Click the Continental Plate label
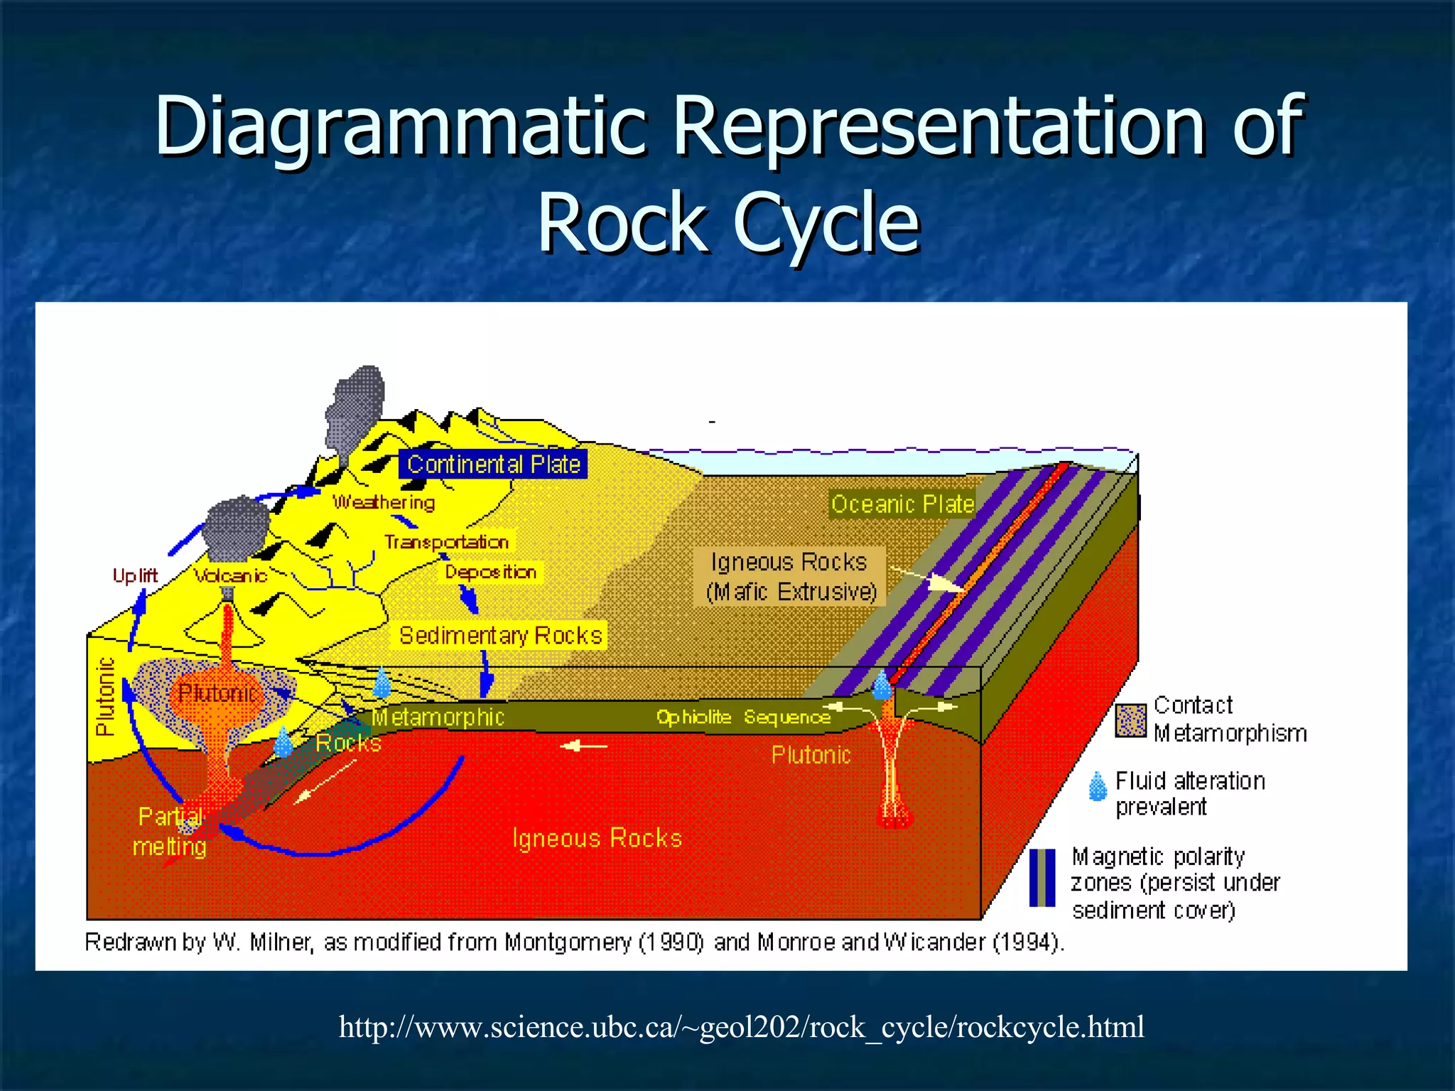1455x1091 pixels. click(493, 465)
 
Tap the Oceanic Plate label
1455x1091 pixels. click(902, 504)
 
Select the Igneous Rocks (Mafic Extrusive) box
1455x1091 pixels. click(789, 576)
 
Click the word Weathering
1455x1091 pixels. click(384, 502)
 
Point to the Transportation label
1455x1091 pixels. click(447, 542)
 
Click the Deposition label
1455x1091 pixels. click(490, 572)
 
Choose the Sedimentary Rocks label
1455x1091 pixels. click(500, 635)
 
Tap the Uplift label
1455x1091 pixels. click(135, 575)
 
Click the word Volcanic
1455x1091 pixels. click(230, 575)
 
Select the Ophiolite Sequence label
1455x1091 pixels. click(743, 717)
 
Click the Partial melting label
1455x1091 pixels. click(170, 831)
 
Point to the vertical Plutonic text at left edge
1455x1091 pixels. click(105, 696)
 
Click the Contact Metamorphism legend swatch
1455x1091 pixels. click(1130, 720)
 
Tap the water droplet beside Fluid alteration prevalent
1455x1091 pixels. click(1098, 786)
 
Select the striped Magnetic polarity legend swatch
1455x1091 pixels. click(1042, 878)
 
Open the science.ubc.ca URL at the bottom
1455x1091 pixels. click(741, 1027)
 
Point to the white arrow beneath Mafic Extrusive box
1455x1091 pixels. click(927, 579)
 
